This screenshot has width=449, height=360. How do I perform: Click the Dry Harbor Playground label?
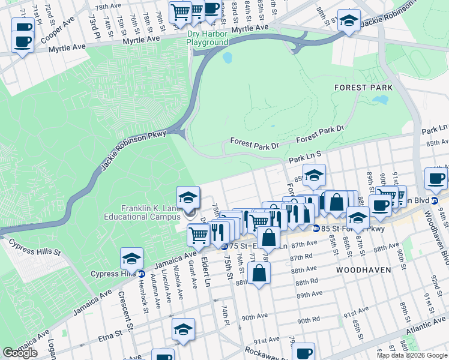coord(206,38)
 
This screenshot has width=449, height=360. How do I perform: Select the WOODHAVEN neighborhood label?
coord(363,270)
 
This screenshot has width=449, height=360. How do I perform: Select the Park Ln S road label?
coord(305,157)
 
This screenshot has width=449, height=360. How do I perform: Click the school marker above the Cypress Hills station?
coord(131,259)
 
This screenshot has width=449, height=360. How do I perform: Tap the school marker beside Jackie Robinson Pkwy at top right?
coord(349,21)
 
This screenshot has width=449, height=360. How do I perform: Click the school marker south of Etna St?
coord(184,329)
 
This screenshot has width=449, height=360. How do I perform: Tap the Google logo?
coord(20,353)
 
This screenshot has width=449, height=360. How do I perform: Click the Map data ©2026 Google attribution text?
coord(411,355)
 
